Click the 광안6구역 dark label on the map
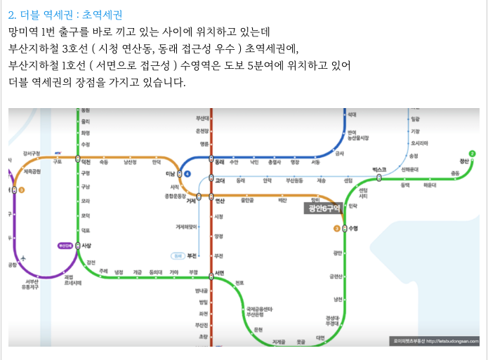(323, 208)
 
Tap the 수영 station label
(353, 228)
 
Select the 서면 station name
(220, 273)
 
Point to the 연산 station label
(219, 201)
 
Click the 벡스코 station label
(379, 170)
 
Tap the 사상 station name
(87, 246)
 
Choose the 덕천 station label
(86, 161)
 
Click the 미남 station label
(169, 173)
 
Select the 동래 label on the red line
(219, 161)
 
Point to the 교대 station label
(219, 180)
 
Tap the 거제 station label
(190, 201)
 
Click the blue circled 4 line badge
(187, 173)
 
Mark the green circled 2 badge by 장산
(472, 154)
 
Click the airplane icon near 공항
(25, 258)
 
